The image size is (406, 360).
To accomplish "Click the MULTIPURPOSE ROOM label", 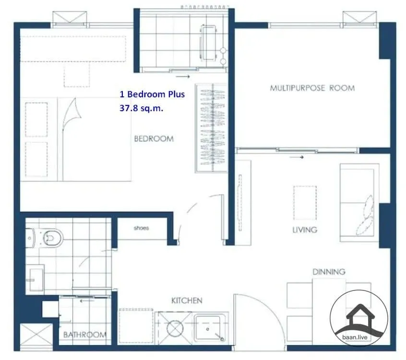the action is coord(312,88).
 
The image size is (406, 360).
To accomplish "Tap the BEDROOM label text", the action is coord(154,139).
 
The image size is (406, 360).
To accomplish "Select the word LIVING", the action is coord(305,230).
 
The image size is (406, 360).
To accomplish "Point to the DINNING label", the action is coord(329,272).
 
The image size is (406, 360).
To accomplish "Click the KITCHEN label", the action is coord(187,301).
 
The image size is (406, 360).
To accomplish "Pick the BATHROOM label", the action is coord(84,335).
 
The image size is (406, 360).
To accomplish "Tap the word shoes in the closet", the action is coord(141,228).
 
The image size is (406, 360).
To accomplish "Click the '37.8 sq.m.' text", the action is coord(142,108).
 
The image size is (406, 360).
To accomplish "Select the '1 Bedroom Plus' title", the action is coord(152,94).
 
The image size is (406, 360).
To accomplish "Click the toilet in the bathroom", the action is coord(45,238).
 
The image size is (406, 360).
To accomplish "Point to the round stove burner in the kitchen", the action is coord(175,329).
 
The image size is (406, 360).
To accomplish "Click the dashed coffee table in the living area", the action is coord(305,203).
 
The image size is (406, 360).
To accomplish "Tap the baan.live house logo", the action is coord(359,318).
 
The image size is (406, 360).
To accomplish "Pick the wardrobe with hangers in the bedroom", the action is coord(211,128).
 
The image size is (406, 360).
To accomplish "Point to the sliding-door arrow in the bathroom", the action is coord(87,301).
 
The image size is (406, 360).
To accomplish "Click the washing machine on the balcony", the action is coord(208,43).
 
